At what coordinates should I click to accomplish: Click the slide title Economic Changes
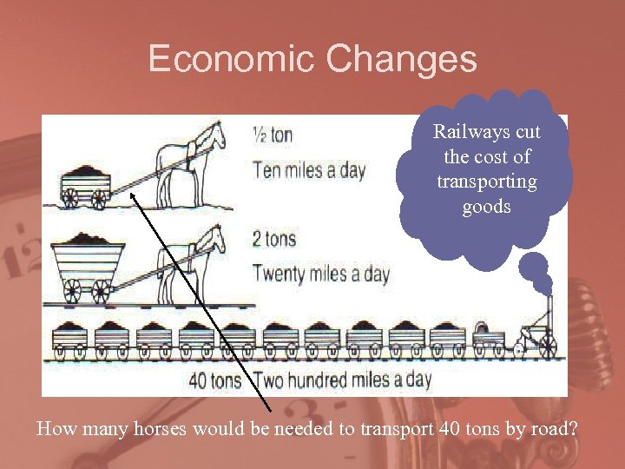[312, 59]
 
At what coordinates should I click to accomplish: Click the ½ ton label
[273, 135]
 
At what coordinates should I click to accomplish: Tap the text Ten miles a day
[309, 169]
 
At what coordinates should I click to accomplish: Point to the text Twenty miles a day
[321, 274]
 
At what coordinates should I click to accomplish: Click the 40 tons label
[215, 380]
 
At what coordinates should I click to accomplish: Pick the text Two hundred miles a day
[342, 380]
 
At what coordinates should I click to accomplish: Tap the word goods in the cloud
[486, 208]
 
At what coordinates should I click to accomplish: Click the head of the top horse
[212, 135]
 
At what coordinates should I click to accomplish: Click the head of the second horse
[211, 240]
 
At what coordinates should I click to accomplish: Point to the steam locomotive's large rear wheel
[546, 346]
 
